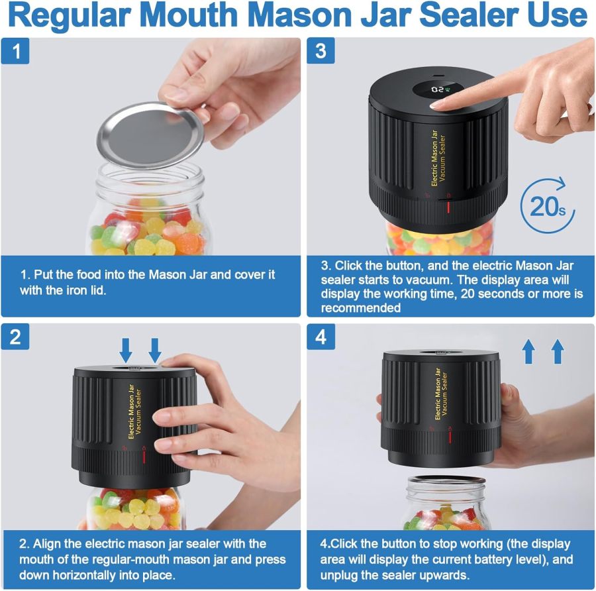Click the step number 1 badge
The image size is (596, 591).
15,51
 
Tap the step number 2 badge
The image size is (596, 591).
15,337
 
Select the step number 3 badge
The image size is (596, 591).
321,51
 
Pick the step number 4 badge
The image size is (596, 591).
321,337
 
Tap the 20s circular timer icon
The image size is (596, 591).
546,205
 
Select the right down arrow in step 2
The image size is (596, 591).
155,348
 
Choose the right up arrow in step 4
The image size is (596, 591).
558,350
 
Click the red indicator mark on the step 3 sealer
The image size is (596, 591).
448,208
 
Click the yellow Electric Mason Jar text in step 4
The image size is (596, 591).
438,395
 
